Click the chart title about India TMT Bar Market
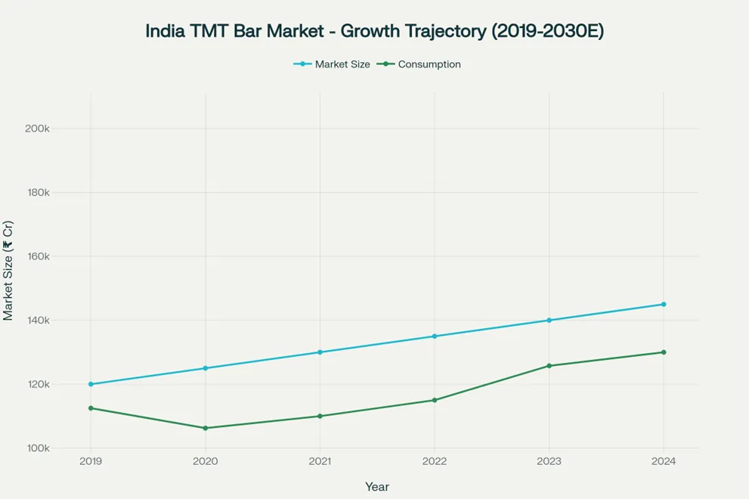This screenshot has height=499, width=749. (x=374, y=32)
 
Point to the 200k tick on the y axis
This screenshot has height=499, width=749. (x=37, y=129)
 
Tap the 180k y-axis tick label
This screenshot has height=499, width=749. (x=37, y=192)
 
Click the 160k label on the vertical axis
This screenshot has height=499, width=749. (x=37, y=256)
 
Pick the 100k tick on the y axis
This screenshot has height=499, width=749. (x=37, y=448)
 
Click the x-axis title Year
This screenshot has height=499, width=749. (x=376, y=487)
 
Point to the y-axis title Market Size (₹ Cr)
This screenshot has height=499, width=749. (x=8, y=271)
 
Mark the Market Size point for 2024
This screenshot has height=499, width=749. (x=664, y=304)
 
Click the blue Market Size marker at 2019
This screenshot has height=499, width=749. (x=91, y=384)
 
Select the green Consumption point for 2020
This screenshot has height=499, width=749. (x=205, y=428)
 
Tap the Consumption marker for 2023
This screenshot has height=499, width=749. (x=549, y=366)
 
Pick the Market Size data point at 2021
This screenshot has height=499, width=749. (x=320, y=352)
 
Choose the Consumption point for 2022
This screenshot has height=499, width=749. (x=434, y=400)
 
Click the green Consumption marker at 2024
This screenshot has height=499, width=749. (x=664, y=352)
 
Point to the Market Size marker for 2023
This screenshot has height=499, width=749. (x=549, y=321)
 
